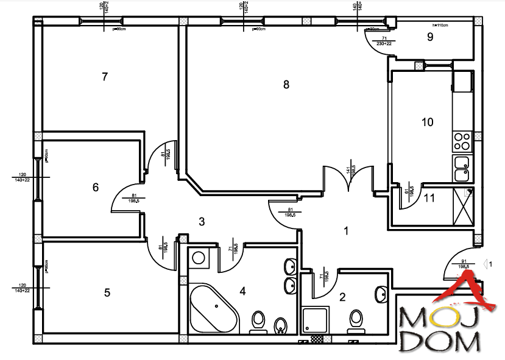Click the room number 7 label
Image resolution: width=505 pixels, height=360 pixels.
[x=105, y=77]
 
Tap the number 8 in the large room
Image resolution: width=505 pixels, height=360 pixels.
[x=286, y=85]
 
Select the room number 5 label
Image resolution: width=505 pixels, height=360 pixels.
[x=107, y=292]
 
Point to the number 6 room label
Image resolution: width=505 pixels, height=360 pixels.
[x=95, y=188]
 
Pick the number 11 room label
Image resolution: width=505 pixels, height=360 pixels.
[x=429, y=197]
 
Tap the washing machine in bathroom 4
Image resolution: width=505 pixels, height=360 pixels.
[x=199, y=258]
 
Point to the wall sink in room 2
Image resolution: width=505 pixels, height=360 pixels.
[x=381, y=294]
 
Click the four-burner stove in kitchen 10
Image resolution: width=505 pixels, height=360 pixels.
[x=462, y=141]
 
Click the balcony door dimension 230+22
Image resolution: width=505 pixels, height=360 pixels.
[x=383, y=41]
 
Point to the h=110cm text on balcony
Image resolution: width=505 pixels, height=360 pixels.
[x=439, y=26]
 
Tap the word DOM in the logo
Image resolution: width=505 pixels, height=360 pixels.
[x=440, y=343]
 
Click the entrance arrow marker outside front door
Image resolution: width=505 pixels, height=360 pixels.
[x=487, y=264]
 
